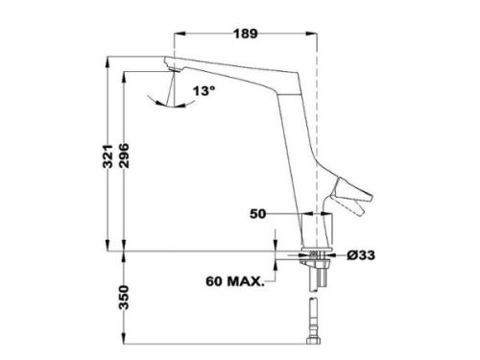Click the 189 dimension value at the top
(245, 34)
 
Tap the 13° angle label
(205, 93)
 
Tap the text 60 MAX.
(234, 282)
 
